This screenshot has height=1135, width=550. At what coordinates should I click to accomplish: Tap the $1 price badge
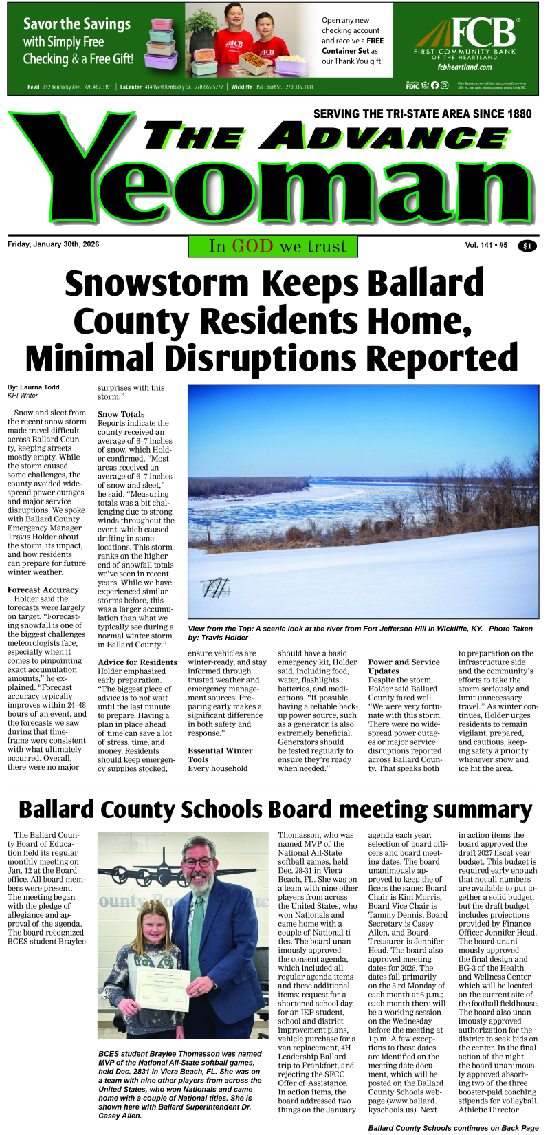(527, 246)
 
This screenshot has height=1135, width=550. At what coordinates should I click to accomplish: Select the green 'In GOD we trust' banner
(273, 246)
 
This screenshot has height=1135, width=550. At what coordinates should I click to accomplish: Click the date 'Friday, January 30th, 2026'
(54, 244)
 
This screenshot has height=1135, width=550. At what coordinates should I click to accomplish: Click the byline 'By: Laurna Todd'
(34, 387)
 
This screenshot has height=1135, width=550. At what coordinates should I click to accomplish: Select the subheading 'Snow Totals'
(121, 414)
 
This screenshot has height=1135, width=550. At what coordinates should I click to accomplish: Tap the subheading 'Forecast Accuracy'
(43, 590)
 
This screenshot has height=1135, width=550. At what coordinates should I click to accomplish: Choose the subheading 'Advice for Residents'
(137, 662)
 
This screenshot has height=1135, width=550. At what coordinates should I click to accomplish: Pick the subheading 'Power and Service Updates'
(404, 667)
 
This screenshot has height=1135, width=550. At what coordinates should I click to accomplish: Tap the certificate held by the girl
(163, 990)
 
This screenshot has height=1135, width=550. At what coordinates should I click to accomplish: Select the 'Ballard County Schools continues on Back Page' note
(453, 1128)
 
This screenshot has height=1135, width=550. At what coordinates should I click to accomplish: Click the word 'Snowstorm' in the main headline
(156, 283)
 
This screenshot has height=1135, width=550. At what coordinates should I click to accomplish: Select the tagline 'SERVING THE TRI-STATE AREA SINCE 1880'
(422, 113)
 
